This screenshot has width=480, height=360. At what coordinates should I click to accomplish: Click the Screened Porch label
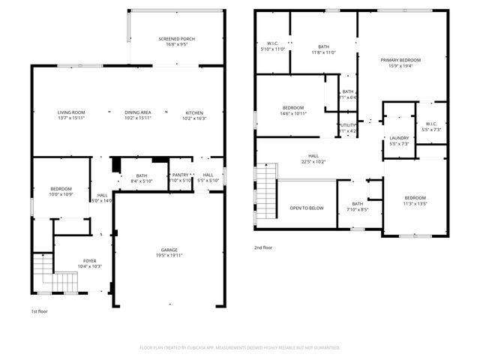click(177, 39)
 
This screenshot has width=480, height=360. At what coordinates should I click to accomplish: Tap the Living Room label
click(71, 112)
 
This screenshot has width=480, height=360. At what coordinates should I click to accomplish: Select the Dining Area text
click(138, 112)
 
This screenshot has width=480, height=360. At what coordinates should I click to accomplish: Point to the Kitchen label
click(194, 112)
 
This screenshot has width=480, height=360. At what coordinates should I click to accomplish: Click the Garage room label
click(169, 250)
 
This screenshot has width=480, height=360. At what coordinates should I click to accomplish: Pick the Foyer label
click(89, 261)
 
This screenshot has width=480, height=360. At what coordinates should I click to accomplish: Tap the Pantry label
click(181, 175)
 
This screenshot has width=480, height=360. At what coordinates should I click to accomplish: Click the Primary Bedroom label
click(400, 59)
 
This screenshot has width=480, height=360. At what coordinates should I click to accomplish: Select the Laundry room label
click(398, 138)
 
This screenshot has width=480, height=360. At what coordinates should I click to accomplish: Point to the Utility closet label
click(347, 126)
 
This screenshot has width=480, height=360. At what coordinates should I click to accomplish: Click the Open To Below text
click(307, 208)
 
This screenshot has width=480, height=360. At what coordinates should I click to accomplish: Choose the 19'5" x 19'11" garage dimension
click(169, 255)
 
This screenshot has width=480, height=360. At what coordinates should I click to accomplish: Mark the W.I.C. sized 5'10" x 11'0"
click(272, 49)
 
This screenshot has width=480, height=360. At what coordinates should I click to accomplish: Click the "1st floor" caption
click(40, 310)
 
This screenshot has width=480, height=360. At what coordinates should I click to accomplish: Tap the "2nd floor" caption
click(263, 247)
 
